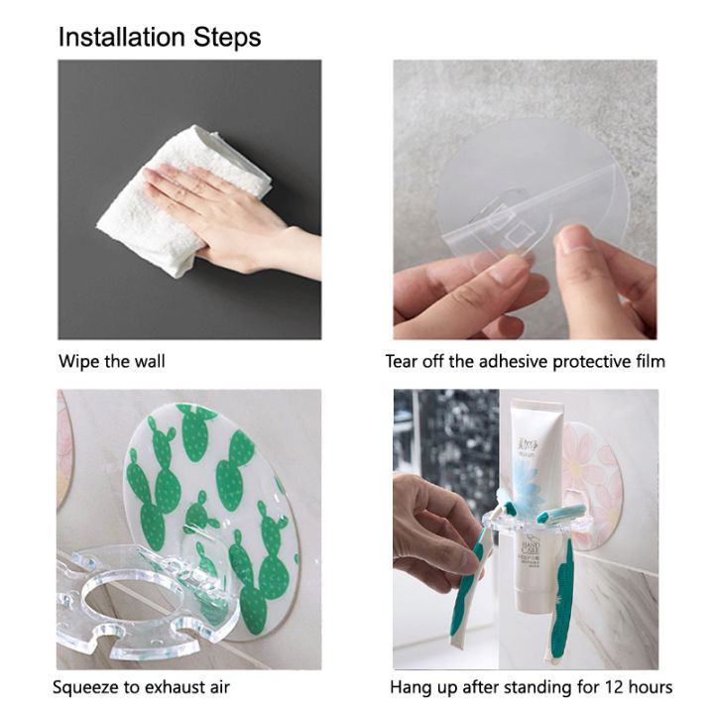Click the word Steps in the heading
[x=231, y=38]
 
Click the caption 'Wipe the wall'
[x=111, y=361]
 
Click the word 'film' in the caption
[x=647, y=361]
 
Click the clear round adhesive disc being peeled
[x=526, y=198]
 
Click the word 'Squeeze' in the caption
[x=86, y=686]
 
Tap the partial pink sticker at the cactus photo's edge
[x=64, y=446]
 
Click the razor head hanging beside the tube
[x=553, y=516]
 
